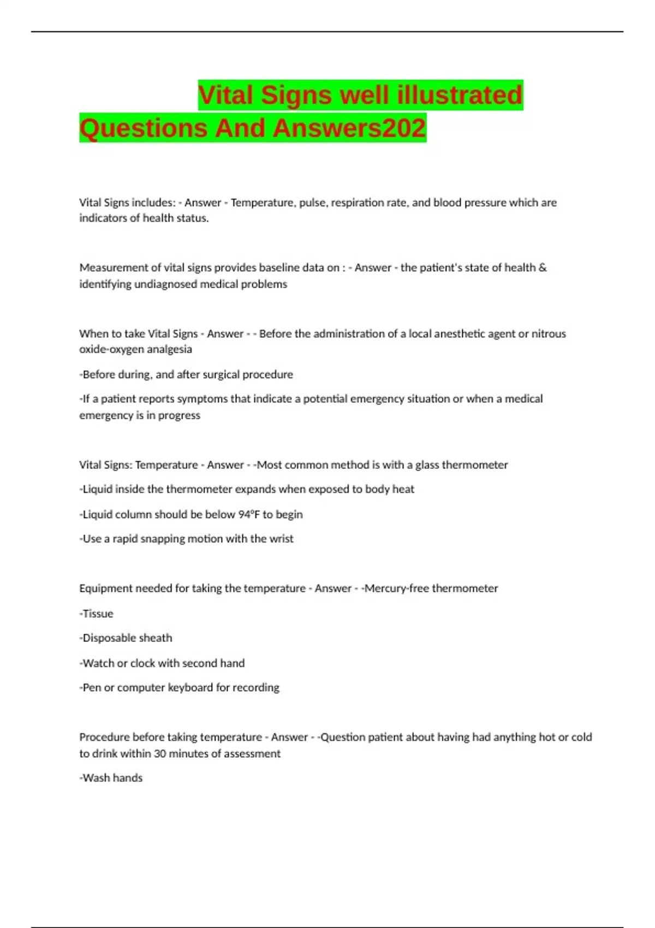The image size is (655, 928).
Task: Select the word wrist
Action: coord(281,539)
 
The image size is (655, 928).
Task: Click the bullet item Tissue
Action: coord(97,614)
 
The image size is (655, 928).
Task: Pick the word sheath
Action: coord(157,638)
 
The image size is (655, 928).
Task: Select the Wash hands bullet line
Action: coord(111,778)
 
